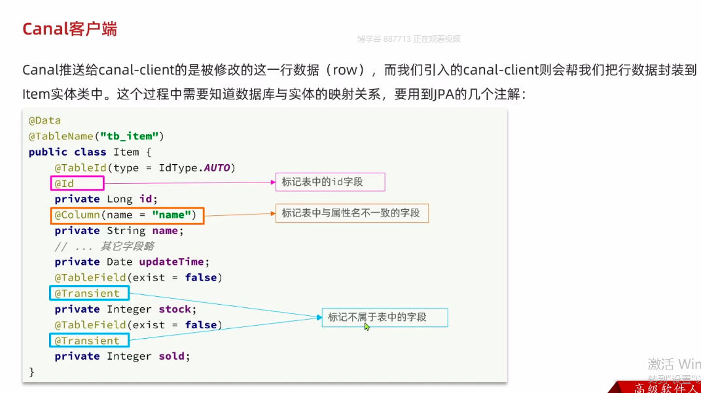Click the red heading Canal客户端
pos(69,29)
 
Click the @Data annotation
pos(45,120)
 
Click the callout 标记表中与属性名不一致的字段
pos(351,213)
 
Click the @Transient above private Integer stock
pos(88,294)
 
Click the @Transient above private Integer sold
pos(88,341)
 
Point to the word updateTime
pos(172,262)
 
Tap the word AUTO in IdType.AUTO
pos(217,168)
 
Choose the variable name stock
pos(175,309)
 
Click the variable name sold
pos(173,356)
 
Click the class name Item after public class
pos(126,152)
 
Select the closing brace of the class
pos(31,372)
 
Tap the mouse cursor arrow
pos(367,326)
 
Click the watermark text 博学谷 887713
pos(384,39)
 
